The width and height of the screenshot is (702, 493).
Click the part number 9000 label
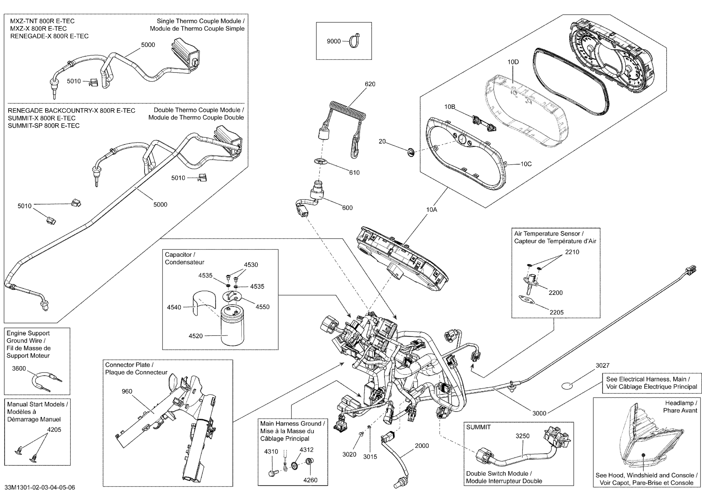[x=333, y=41]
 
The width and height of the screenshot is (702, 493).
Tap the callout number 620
[x=370, y=84]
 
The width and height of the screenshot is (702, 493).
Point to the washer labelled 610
[x=320, y=161]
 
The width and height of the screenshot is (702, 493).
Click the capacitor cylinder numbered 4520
[x=232, y=326]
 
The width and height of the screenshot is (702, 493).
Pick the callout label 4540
[x=174, y=307]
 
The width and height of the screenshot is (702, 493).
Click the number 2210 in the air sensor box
[x=572, y=252]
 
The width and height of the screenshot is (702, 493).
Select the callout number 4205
[x=54, y=430]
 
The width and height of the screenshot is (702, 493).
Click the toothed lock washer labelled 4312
[x=295, y=466]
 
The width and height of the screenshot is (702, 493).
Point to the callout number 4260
[x=310, y=480]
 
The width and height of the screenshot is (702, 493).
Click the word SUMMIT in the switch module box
[x=478, y=427]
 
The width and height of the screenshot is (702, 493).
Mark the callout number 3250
[x=523, y=436]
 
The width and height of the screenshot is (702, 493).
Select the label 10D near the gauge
[x=513, y=62]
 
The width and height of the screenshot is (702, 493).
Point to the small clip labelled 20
[x=411, y=152]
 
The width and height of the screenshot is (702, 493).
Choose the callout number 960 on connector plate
[x=127, y=391]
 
